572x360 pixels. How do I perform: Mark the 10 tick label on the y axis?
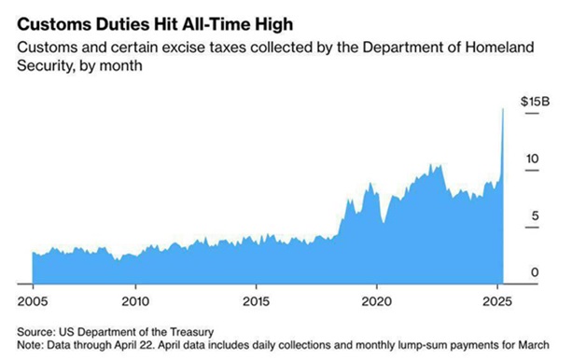click(530, 159)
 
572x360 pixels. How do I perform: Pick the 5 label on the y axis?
click(534, 216)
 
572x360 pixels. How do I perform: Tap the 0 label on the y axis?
click(534, 271)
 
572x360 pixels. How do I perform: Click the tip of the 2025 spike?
click(503, 109)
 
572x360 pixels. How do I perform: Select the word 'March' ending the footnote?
click(533, 343)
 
